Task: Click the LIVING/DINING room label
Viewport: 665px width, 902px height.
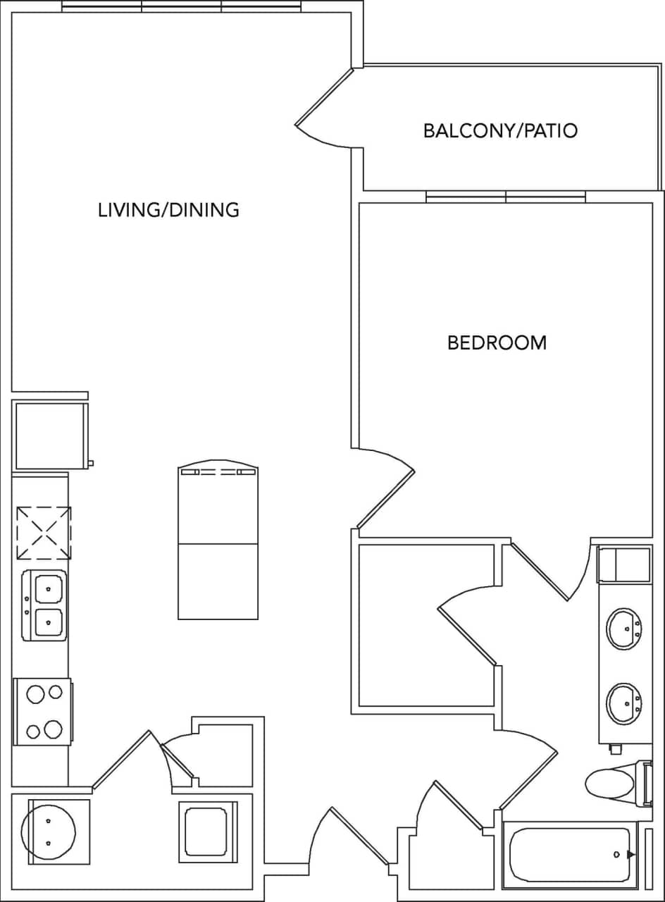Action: click(168, 209)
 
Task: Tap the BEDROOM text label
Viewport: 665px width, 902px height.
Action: click(497, 343)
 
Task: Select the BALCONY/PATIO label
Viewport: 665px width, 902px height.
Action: click(500, 130)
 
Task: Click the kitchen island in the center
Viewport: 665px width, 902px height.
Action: click(218, 543)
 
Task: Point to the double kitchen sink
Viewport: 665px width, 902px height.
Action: click(45, 605)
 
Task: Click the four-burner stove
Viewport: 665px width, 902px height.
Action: click(43, 712)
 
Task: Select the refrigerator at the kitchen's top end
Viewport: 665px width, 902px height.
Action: click(50, 435)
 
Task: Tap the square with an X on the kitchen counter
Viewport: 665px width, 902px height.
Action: click(44, 533)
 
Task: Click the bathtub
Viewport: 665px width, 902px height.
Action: click(571, 854)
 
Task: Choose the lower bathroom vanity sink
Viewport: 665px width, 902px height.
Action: click(624, 702)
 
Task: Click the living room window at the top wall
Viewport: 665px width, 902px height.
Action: click(182, 6)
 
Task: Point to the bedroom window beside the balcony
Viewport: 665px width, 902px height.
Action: click(506, 198)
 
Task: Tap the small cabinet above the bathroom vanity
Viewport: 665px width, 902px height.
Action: click(624, 564)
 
